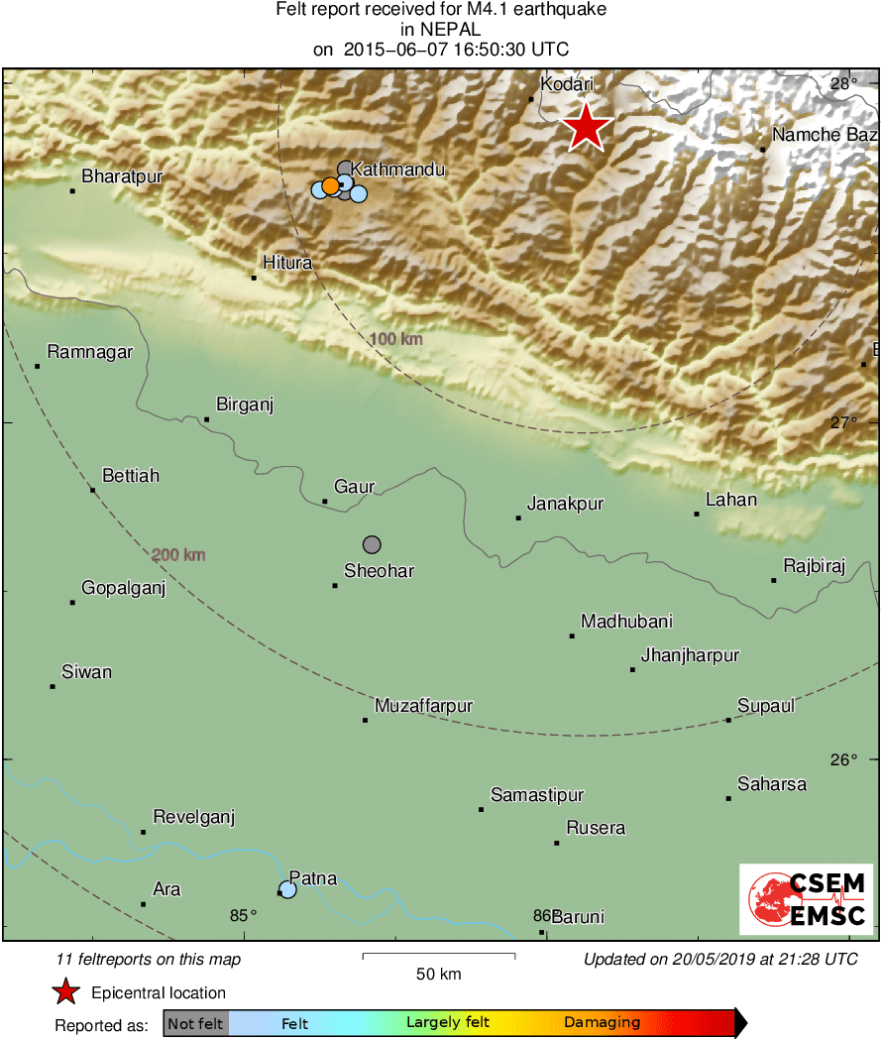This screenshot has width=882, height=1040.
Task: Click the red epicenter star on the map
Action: (x=587, y=127)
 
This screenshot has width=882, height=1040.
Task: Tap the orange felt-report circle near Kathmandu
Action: (x=330, y=186)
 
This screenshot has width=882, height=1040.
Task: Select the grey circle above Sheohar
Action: (x=372, y=544)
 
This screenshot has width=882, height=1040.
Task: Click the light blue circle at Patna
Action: (x=287, y=889)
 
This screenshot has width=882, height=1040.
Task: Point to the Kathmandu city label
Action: (x=398, y=171)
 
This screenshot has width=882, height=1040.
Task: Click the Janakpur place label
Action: (x=565, y=504)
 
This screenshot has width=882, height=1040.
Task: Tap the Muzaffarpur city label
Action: (x=423, y=706)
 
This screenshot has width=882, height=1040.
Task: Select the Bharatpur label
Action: (x=122, y=176)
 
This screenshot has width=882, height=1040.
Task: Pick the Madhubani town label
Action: (x=626, y=622)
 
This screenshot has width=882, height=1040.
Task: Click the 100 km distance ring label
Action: (x=395, y=339)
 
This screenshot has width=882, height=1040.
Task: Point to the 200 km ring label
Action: (x=179, y=554)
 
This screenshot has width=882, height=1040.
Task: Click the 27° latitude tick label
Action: (x=844, y=422)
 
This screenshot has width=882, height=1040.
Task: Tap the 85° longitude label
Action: (x=244, y=915)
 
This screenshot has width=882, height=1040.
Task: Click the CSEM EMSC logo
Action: (x=806, y=898)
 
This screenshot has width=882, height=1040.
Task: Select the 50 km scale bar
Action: (x=438, y=956)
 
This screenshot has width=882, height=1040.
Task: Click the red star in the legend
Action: (x=65, y=991)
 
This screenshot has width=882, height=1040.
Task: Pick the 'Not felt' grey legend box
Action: (x=195, y=1022)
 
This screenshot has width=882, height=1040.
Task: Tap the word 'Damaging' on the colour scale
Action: (x=602, y=1022)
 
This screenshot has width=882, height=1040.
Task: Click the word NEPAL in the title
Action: (x=441, y=30)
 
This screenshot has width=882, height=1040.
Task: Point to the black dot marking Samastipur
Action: (x=482, y=810)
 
